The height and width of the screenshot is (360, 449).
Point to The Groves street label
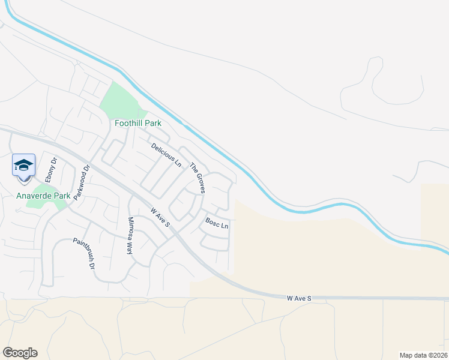197,178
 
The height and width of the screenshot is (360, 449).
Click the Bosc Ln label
217,224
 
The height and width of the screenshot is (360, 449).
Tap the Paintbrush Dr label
84,253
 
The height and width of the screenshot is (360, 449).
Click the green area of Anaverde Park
43,205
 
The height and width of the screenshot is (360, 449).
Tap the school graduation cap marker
23,166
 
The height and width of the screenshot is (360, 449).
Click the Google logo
20,353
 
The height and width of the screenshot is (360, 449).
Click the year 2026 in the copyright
438,355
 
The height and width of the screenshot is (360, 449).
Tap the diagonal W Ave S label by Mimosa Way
161,218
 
